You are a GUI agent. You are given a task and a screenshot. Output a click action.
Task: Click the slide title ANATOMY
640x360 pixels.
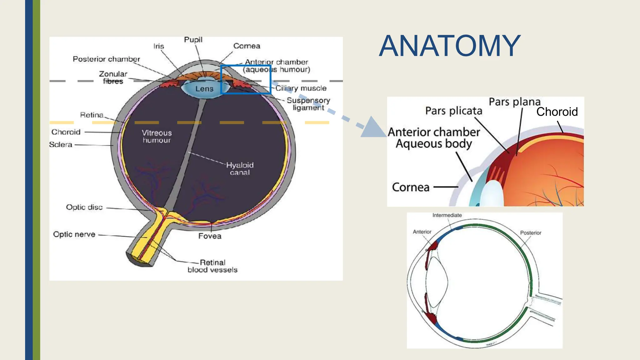click(x=449, y=46)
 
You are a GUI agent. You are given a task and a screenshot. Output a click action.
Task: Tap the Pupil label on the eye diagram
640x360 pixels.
click(x=193, y=40)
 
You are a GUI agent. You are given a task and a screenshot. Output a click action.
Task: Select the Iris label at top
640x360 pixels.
click(x=158, y=46)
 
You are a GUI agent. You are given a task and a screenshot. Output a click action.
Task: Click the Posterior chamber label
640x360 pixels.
click(x=106, y=59)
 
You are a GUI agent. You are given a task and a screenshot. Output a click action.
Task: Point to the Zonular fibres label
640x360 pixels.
click(x=113, y=77)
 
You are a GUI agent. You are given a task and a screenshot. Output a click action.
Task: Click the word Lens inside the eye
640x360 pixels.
click(x=204, y=89)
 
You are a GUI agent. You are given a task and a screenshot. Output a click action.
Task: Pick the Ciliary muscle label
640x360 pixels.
click(x=301, y=88)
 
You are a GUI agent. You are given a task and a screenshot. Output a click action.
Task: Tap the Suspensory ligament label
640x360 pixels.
click(x=308, y=104)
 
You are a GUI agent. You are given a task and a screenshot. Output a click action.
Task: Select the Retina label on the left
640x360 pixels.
click(x=92, y=115)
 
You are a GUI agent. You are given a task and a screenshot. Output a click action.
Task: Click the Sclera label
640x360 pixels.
click(x=61, y=145)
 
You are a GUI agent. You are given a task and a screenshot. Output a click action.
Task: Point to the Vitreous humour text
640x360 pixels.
click(x=157, y=137)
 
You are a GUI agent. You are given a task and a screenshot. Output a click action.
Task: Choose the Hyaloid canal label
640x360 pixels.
click(x=240, y=169)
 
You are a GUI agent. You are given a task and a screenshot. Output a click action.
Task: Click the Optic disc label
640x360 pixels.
click(x=84, y=207)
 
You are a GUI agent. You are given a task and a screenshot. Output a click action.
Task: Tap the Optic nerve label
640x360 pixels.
click(x=74, y=234)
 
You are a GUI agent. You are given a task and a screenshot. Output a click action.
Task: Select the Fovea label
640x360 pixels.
click(x=210, y=236)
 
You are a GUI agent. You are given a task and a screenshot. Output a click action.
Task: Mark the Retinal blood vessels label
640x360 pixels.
click(x=212, y=266)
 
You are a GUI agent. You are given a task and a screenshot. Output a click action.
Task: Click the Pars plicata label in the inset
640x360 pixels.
click(x=453, y=111)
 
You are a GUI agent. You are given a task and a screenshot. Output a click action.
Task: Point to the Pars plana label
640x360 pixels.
click(x=514, y=102)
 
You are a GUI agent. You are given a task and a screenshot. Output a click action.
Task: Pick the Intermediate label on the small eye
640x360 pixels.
click(x=447, y=215)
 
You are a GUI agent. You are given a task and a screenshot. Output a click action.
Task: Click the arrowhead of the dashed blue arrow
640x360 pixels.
click(x=375, y=128)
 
